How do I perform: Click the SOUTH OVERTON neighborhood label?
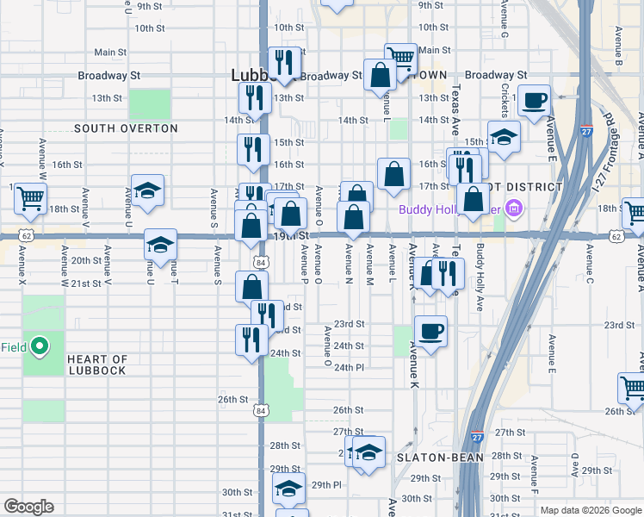tap(126, 128)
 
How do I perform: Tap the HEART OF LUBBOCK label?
tap(97, 365)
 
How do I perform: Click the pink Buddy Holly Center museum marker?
tap(515, 208)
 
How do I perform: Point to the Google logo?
tap(28, 507)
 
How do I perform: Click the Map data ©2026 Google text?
tap(590, 509)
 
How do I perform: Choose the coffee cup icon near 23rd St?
tap(430, 329)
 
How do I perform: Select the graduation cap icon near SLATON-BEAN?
tap(368, 452)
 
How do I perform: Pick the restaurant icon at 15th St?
tap(253, 148)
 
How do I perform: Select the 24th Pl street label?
tap(350, 367)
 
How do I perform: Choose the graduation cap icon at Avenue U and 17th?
tap(148, 191)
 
